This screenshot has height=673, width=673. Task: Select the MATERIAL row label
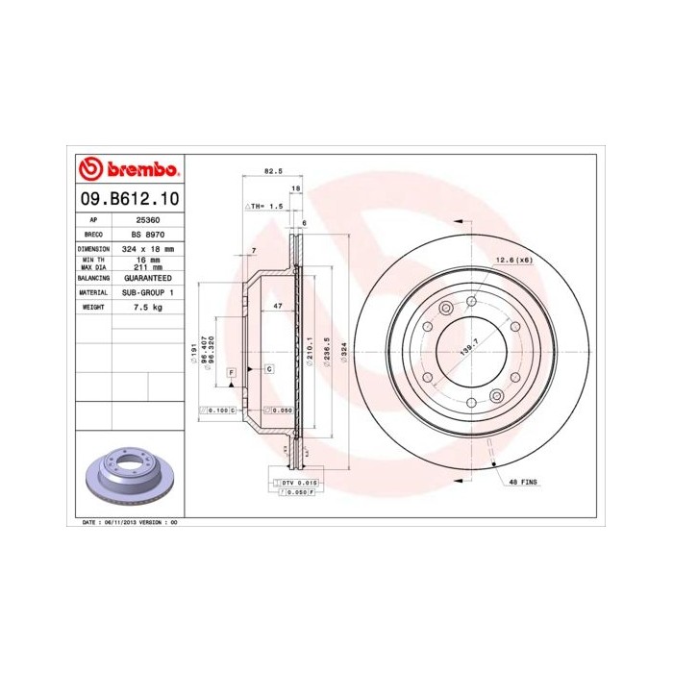(x=92, y=291)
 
